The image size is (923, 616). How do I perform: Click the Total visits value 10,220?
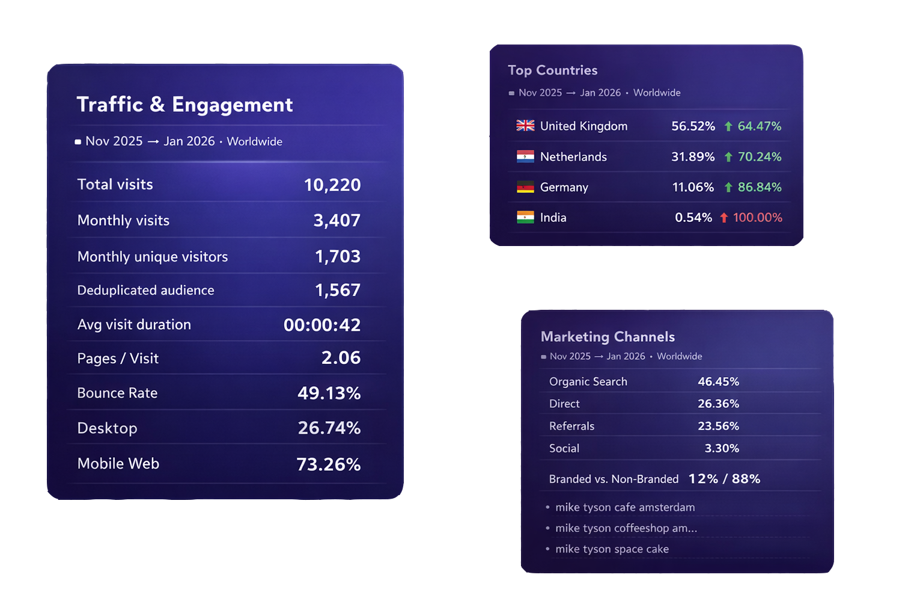pos(332,185)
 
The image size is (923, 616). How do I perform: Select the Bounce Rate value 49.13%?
pos(329,393)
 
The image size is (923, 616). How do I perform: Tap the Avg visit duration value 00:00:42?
pos(322,325)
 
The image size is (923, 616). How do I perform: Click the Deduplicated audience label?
pos(145,290)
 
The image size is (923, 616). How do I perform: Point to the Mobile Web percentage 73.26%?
pos(328,464)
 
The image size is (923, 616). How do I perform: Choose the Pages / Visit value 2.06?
pos(341,358)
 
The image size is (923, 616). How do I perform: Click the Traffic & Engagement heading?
pos(184,105)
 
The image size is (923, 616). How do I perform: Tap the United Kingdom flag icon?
pos(525,126)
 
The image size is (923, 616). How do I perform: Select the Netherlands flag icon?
pos(525,156)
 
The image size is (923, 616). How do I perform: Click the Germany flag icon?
pos(525,187)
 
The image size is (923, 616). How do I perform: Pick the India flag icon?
pos(525,217)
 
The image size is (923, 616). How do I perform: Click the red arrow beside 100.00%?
pos(724,218)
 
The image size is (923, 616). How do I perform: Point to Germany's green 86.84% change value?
pos(760,187)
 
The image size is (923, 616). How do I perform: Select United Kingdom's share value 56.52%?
pos(693,126)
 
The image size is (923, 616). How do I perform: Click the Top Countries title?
pos(552,70)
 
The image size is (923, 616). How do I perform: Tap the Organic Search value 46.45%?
pos(718,381)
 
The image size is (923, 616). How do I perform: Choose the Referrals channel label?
pos(571,426)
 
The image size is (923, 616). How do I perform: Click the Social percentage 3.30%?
pos(722,448)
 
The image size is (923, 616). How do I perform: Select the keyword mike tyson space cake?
pos(612,549)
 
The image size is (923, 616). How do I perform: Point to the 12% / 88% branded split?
pos(724,479)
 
